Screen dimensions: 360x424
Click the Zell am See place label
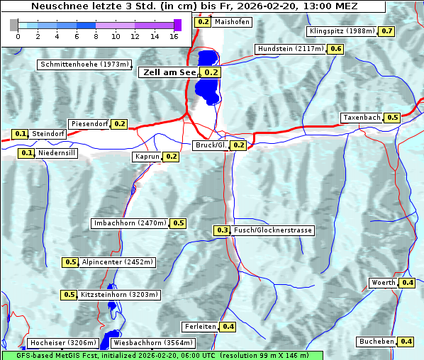[x=170, y=72]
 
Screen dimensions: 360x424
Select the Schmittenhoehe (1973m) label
[x=84, y=64]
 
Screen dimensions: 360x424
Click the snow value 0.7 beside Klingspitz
[x=387, y=31]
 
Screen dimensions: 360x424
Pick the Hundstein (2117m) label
[x=290, y=49]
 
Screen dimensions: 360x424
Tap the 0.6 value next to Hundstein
[x=336, y=49]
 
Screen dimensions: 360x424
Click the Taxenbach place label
[x=362, y=118]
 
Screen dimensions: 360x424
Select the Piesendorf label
[x=89, y=124]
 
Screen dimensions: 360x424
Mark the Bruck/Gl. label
[x=211, y=145]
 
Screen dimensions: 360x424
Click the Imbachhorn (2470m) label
[x=130, y=223]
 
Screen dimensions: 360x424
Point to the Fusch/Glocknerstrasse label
[x=273, y=230]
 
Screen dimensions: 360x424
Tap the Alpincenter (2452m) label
[x=118, y=262]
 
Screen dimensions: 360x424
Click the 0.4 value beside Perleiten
[x=228, y=327]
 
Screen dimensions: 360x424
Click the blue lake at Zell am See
[x=207, y=78]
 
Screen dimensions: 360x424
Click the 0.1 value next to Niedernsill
[x=27, y=152]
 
